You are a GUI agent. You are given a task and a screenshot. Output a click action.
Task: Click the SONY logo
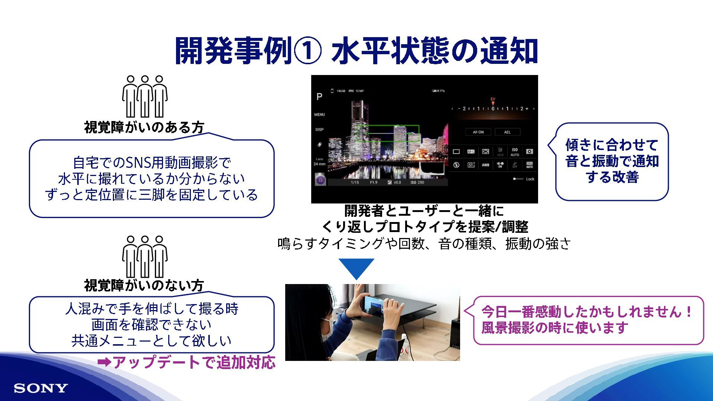[x=41, y=388]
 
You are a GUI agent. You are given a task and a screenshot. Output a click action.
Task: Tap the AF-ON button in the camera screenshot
[x=478, y=132]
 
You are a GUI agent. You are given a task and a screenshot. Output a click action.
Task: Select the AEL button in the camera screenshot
[x=507, y=132]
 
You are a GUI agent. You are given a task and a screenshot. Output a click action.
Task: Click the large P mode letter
[x=319, y=97]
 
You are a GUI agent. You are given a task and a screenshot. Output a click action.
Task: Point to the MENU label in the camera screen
[x=319, y=115]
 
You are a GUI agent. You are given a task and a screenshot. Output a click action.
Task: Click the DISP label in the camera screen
[x=319, y=130]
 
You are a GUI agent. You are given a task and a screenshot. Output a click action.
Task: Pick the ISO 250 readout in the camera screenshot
[x=417, y=183]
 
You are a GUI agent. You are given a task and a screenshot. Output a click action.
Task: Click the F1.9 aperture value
[x=374, y=183]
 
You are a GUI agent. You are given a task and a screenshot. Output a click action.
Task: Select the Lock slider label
[x=530, y=179]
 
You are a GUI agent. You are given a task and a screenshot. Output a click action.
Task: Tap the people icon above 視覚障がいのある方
[x=144, y=97]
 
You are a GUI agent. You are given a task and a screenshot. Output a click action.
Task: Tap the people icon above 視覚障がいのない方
[x=144, y=256]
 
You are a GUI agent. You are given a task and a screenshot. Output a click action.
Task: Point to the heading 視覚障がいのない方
[x=144, y=286]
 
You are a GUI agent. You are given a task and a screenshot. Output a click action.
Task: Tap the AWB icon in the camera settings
[x=485, y=165]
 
